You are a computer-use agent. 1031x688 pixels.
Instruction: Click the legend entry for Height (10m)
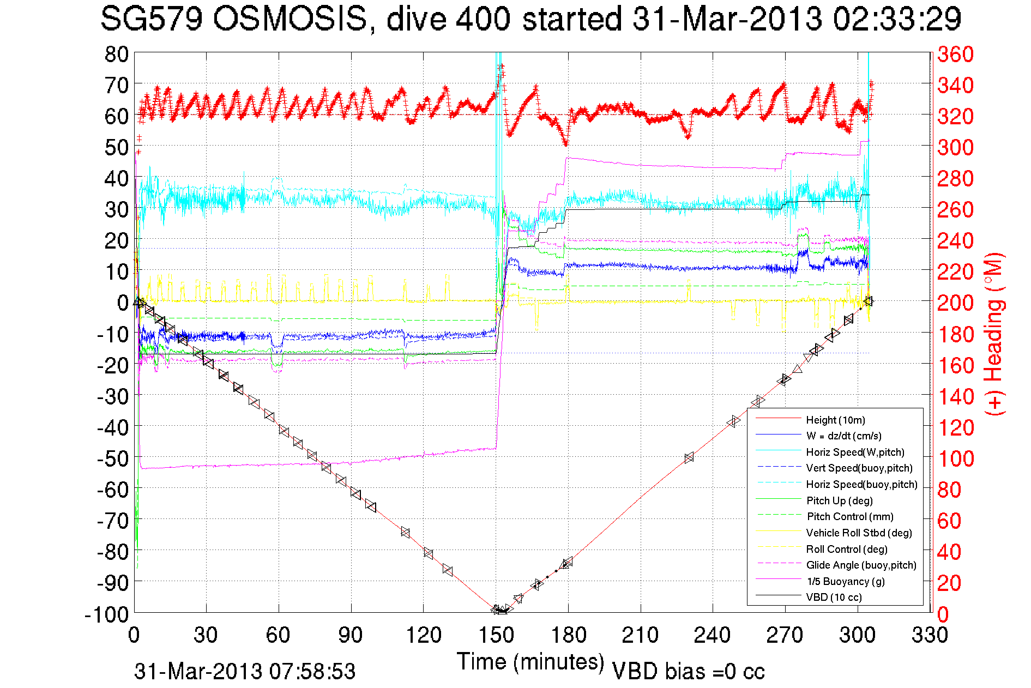tap(835, 420)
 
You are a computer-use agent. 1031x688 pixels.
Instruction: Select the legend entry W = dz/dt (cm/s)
tap(843, 436)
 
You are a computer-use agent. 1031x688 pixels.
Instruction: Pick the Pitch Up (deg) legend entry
tap(839, 500)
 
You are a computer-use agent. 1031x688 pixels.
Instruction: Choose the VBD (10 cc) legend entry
tap(834, 597)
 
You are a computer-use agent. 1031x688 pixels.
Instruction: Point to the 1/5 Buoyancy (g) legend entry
tap(845, 581)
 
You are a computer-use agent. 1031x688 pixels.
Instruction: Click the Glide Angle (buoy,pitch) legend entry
tap(861, 565)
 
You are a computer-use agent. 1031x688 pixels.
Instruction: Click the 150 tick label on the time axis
tap(496, 635)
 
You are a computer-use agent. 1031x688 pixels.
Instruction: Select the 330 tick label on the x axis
tap(930, 635)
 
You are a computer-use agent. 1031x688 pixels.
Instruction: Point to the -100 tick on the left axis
tap(107, 614)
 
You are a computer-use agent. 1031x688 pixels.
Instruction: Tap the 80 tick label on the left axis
tap(117, 54)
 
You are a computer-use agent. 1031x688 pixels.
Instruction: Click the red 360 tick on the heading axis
tap(955, 54)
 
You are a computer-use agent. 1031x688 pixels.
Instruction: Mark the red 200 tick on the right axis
tap(955, 303)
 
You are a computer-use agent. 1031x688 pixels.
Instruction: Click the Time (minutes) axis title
tap(530, 662)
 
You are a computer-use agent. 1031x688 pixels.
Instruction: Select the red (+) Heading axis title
tap(994, 334)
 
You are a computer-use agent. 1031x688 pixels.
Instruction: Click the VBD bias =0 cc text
tap(688, 671)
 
